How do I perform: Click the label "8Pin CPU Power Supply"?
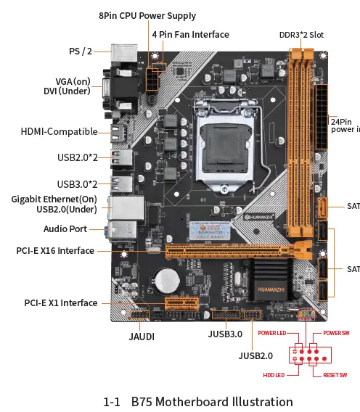147,16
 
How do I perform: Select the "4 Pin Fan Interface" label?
190,34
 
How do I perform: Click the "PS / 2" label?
81,51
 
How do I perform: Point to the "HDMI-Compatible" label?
59,131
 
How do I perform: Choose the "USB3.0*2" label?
77,184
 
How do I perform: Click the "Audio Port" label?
65,228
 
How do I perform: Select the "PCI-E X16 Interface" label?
55,250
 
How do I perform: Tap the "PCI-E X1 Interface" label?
60,302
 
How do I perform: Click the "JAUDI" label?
142,337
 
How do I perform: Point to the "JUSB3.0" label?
224,334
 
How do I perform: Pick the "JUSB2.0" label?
255,355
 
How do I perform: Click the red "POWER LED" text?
272,333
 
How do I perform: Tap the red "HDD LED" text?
273,375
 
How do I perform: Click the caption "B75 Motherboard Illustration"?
212,401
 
